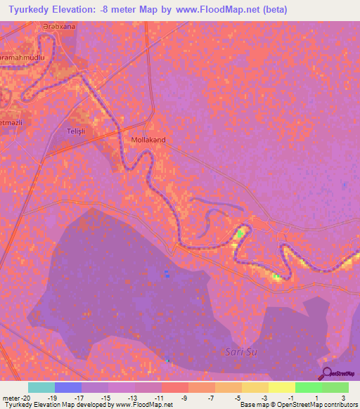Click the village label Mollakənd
148,140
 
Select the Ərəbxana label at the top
58,27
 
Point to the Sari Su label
238,351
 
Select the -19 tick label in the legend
51,397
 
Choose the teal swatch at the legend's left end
41,387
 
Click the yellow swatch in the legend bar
281,387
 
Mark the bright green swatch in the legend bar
308,387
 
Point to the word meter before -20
12,397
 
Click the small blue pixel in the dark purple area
167,273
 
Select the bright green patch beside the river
240,233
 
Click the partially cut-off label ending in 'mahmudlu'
22,58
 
